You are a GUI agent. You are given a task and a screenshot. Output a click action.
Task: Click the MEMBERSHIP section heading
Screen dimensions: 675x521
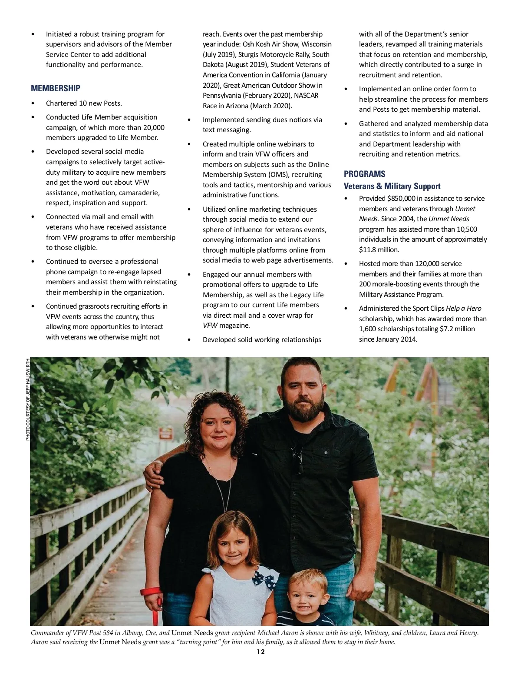[x=56, y=88]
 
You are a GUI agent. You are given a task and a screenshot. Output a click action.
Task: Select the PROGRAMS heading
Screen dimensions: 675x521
[x=364, y=174]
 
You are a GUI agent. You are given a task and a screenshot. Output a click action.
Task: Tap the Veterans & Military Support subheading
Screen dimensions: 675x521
[x=392, y=186]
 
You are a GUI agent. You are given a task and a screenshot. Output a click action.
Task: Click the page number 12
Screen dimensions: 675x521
[x=260, y=651]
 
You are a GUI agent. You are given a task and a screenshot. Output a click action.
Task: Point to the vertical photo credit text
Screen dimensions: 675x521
[x=28, y=399]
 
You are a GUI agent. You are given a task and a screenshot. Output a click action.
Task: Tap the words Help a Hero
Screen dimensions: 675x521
[x=464, y=308]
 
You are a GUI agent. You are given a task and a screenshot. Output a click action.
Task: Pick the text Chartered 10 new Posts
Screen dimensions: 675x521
[x=84, y=103]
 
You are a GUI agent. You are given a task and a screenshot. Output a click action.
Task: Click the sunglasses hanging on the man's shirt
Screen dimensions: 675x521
[x=299, y=461]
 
